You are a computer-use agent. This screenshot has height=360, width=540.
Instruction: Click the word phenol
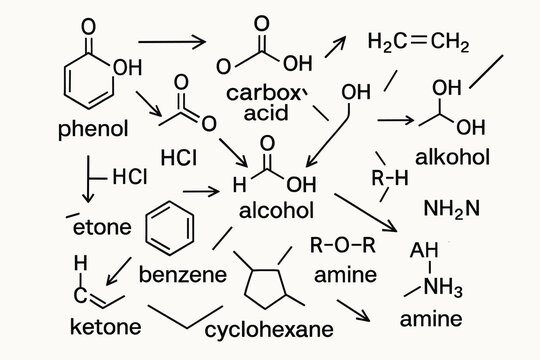(94, 130)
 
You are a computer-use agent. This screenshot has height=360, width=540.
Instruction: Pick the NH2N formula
(452, 208)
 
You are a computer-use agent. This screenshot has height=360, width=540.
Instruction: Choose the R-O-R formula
(343, 245)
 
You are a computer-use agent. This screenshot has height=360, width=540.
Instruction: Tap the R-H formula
(389, 179)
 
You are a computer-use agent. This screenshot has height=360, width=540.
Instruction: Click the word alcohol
(276, 211)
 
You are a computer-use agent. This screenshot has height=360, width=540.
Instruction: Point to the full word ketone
(105, 326)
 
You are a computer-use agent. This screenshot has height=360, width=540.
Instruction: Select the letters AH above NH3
(426, 251)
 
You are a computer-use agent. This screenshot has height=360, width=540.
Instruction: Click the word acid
(266, 112)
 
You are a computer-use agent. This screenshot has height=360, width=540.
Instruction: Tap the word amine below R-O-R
(345, 274)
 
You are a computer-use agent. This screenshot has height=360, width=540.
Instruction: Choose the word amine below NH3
(432, 320)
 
